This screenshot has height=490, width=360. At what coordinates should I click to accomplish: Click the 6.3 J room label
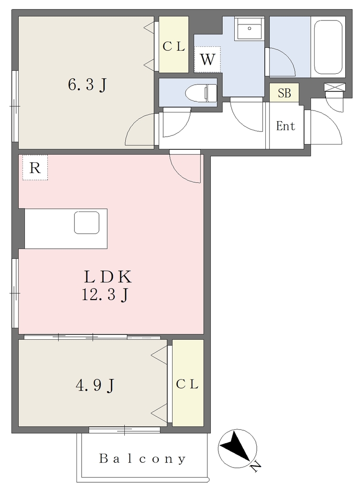[x=87, y=84]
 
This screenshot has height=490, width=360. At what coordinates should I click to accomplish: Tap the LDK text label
[x=108, y=276]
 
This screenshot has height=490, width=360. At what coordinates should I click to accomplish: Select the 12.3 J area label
[x=105, y=295]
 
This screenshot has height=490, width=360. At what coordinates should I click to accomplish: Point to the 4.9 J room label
[x=95, y=385]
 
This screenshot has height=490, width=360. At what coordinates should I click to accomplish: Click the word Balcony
[x=142, y=459]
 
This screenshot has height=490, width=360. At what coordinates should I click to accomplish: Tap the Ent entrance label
[x=285, y=126]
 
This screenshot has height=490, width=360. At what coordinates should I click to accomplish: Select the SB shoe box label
[x=284, y=93]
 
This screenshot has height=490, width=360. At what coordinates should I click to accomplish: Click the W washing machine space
[x=207, y=59]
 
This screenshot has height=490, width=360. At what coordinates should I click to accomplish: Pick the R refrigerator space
[x=35, y=167]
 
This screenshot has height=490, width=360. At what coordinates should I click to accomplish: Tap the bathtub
[x=328, y=47]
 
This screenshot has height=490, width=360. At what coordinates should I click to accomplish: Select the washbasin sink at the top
[x=250, y=28]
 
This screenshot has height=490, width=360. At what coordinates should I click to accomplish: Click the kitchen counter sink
[x=87, y=223]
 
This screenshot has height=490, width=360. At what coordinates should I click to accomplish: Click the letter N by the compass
[x=256, y=467]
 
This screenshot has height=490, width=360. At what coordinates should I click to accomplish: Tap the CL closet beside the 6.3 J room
[x=174, y=45]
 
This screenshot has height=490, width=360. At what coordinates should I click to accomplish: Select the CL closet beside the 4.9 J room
[x=188, y=383]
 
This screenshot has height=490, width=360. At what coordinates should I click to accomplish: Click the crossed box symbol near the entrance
[x=335, y=87]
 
